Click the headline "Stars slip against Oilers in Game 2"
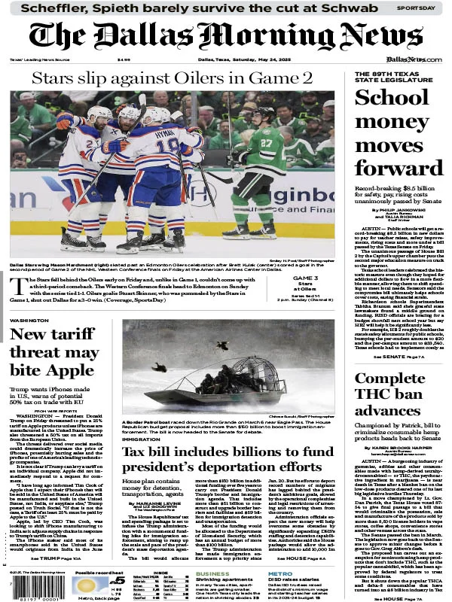172,78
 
